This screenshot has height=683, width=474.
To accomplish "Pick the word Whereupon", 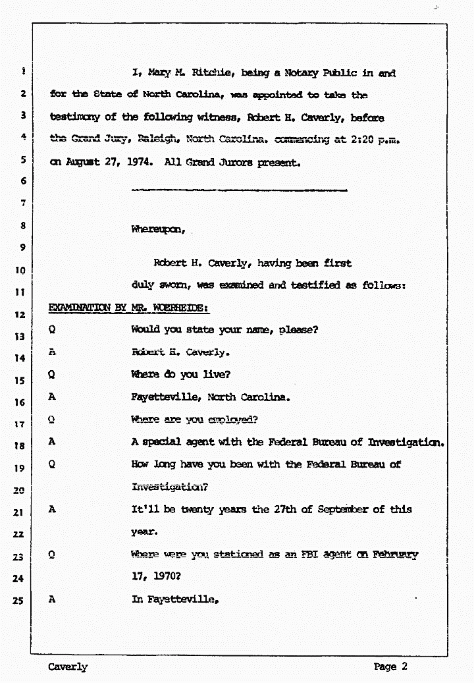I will coord(158,230).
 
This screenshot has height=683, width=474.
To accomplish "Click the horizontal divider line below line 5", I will coord(239,190).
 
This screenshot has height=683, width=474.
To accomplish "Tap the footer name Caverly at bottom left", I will coord(67,667).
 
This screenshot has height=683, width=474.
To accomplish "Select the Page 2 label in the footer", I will coord(390,667).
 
